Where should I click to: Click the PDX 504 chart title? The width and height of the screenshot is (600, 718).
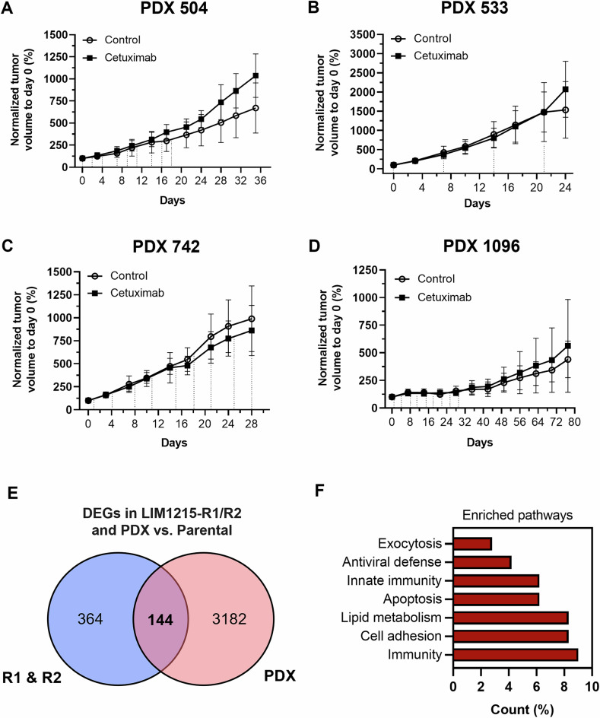pos(173,8)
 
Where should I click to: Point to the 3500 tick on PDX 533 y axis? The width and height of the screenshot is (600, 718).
pos(363,34)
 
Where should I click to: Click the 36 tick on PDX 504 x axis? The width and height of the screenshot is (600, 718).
pos(260,181)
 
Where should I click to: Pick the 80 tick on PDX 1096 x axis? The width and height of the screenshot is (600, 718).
pos(574,421)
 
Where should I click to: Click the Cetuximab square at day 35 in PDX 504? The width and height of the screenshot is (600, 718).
pos(256,75)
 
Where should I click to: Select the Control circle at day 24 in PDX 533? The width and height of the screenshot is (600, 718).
pos(566,110)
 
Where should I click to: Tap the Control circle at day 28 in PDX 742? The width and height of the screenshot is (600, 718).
pos(252,319)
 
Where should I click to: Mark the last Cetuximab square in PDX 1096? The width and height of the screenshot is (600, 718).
pos(568,346)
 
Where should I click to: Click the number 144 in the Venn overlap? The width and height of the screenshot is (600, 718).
pos(160,620)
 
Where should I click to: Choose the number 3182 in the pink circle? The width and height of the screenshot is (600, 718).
pos(230,619)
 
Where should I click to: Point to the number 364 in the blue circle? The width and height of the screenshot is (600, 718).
pos(90,619)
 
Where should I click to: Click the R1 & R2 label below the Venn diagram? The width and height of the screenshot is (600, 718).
pos(32,678)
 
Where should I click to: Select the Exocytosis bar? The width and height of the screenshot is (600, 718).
pos(472,544)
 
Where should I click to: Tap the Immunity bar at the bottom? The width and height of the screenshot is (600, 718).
pos(516,655)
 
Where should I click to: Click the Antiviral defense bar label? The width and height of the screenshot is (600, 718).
pos(392,562)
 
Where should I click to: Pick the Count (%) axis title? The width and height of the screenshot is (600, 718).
pos(522,710)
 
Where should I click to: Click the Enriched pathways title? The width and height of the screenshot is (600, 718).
pos(517,516)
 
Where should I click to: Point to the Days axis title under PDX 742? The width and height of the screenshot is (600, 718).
pos(174,443)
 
